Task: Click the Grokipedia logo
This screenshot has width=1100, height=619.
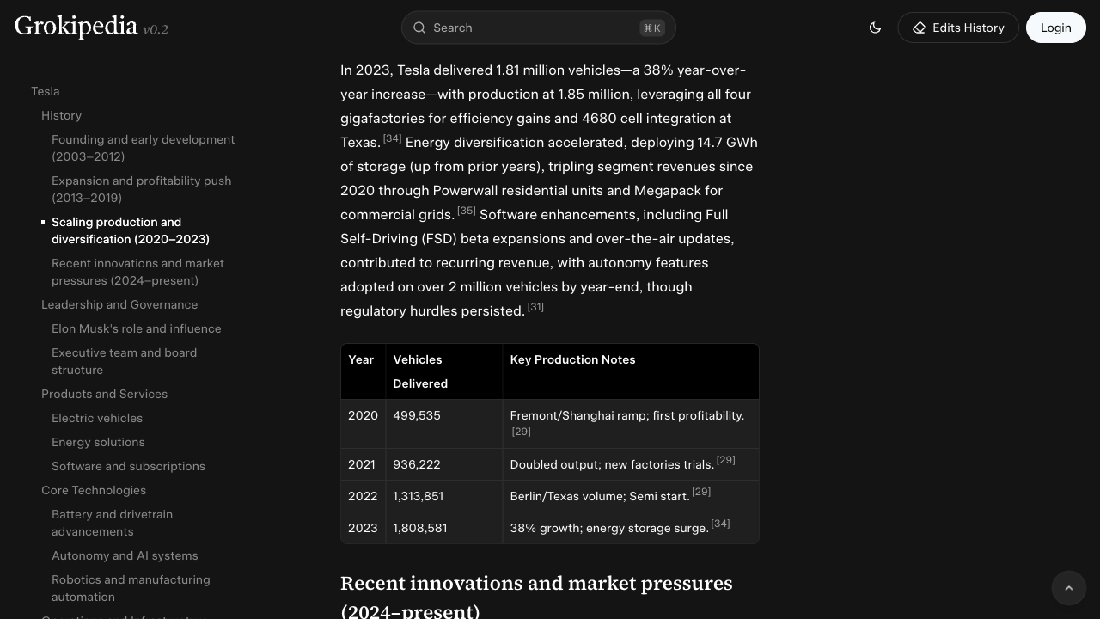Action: click(x=76, y=27)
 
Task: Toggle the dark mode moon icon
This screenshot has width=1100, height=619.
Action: click(x=875, y=28)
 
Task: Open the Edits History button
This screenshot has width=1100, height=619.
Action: click(x=957, y=28)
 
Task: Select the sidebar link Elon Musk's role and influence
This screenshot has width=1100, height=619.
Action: click(x=136, y=328)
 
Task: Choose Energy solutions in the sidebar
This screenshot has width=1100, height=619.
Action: click(x=98, y=442)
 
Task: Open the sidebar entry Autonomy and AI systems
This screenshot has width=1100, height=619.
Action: click(x=125, y=555)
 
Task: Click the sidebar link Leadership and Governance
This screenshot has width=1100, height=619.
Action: click(x=119, y=304)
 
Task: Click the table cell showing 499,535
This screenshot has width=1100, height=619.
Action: click(x=417, y=415)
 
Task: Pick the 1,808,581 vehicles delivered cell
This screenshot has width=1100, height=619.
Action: click(x=420, y=528)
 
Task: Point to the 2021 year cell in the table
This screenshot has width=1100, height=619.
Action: click(x=362, y=464)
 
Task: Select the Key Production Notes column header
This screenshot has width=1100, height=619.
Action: click(x=572, y=359)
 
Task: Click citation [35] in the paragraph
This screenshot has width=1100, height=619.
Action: click(x=467, y=211)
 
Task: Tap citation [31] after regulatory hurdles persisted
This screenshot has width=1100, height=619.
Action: click(x=535, y=307)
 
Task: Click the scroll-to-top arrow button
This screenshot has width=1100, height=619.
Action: click(x=1069, y=588)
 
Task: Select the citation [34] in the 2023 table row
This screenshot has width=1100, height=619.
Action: click(x=720, y=524)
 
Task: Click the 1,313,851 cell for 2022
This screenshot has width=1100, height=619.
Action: click(x=419, y=496)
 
